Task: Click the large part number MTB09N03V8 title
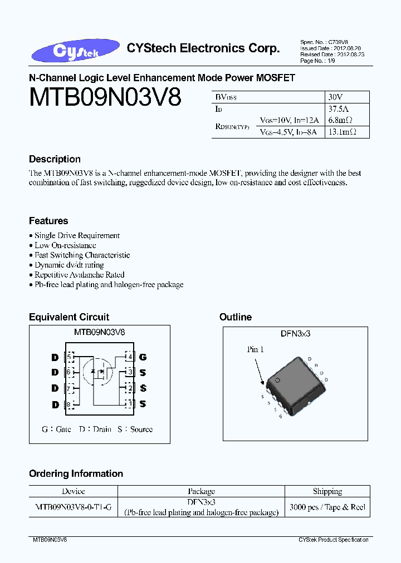tap(105, 98)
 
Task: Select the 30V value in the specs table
tap(336, 97)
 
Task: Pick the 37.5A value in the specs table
tap(339, 108)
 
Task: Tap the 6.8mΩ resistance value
tap(341, 120)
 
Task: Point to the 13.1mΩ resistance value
tap(343, 132)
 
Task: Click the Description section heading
tap(55, 159)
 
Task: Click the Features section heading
tap(48, 221)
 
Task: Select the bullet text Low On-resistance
tap(65, 245)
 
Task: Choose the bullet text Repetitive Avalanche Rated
tap(79, 275)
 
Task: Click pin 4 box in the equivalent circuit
tap(129, 357)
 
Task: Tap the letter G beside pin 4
tap(143, 357)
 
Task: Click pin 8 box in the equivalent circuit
tap(69, 404)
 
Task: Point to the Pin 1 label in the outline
tap(256, 349)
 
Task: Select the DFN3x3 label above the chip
tap(295, 333)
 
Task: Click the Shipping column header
tap(327, 491)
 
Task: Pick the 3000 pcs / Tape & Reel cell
tap(327, 507)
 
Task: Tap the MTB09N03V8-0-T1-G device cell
tap(74, 507)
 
